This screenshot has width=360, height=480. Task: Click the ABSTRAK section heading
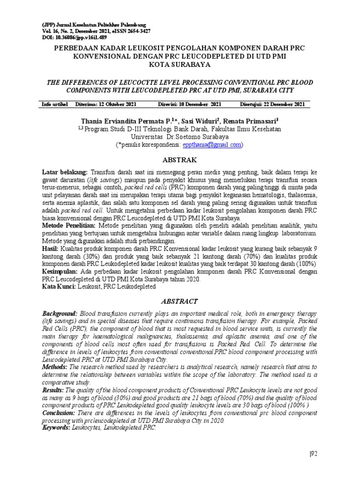click(180, 159)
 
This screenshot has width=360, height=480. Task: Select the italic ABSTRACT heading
click(180, 301)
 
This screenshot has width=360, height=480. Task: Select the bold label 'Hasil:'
click(50, 248)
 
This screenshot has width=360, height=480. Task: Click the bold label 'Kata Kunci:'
click(59, 284)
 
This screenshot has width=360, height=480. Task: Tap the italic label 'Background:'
click(60, 313)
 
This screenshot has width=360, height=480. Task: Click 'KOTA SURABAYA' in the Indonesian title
click(180, 66)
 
